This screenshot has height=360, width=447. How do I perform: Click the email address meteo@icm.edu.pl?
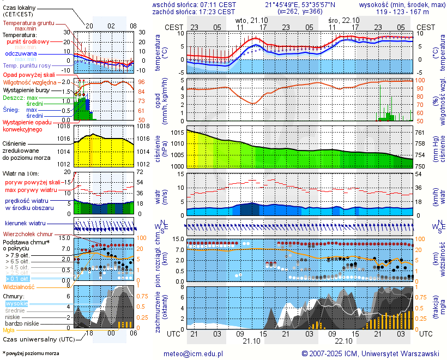[194, 353]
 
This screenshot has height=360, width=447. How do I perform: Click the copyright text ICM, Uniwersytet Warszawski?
[371, 353]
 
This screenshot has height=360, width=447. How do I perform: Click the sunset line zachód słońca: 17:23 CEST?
[194, 11]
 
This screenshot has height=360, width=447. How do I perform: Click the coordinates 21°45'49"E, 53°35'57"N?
[300, 4]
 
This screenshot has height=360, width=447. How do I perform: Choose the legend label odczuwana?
[21, 54]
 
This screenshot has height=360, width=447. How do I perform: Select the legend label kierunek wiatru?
[25, 224]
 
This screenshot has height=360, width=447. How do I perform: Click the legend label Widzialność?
[19, 286]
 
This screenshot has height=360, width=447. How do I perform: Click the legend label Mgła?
[9, 330]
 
